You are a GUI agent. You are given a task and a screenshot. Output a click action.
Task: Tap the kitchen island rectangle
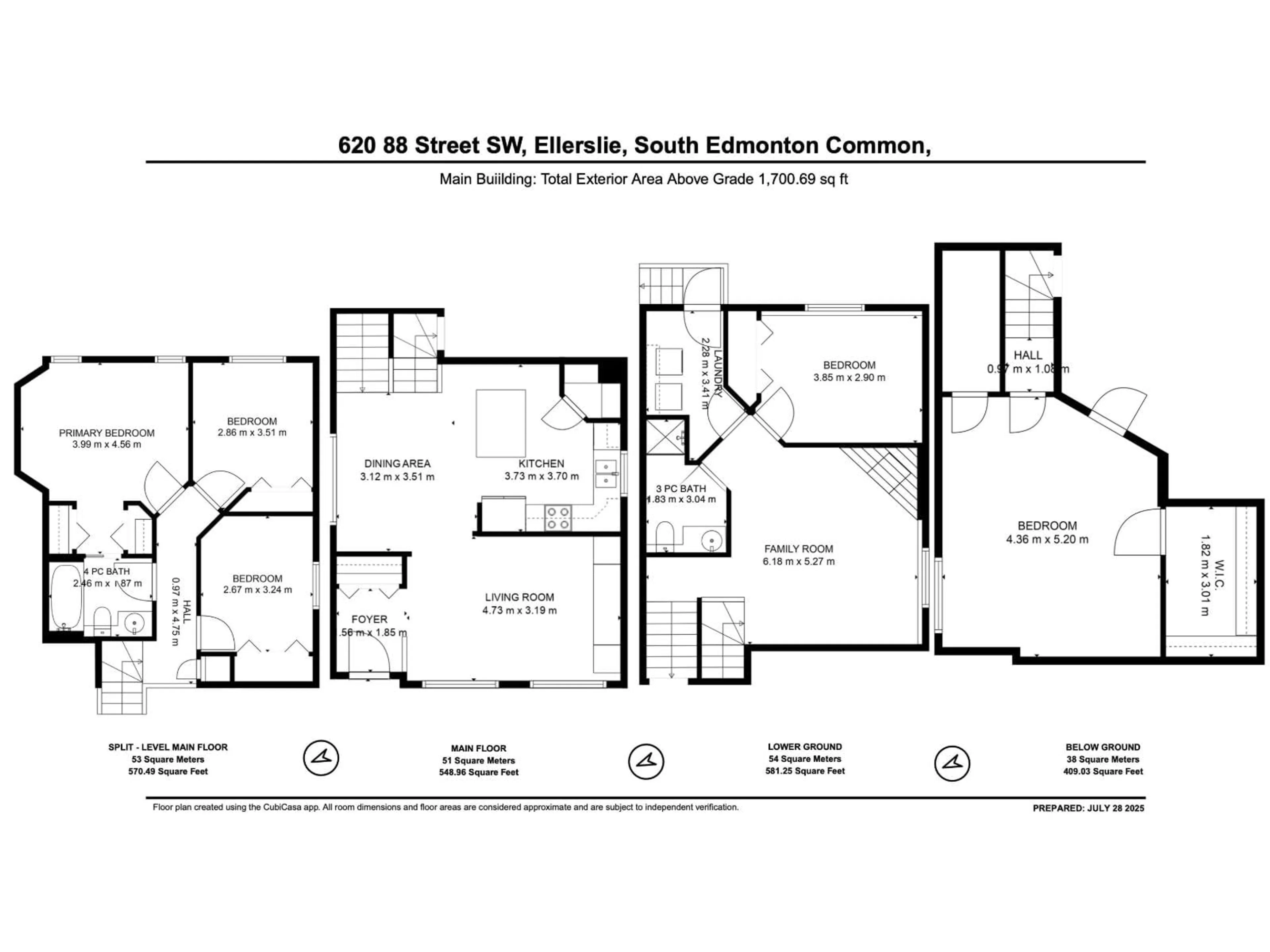click(x=501, y=423)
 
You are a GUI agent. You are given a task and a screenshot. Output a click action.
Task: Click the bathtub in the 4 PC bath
click(x=66, y=597)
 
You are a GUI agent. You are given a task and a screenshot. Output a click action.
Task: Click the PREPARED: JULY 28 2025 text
click(x=1088, y=808)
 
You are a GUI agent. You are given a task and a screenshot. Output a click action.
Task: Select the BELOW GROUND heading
click(x=1102, y=747)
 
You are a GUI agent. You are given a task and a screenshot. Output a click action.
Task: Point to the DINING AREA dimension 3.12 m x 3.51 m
click(x=397, y=476)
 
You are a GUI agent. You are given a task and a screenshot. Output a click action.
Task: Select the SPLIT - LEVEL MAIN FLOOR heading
click(x=168, y=747)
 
